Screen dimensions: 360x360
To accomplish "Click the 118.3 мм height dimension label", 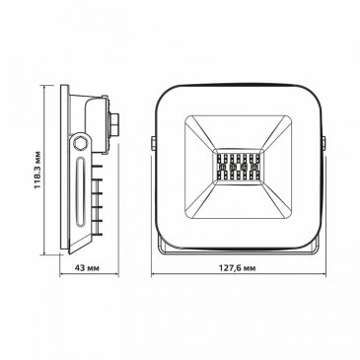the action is (x=38, y=170).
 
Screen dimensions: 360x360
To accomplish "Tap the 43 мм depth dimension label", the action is (x=87, y=268).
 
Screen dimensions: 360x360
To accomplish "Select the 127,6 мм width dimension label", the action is (x=238, y=268).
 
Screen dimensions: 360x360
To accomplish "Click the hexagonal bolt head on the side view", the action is (x=80, y=143).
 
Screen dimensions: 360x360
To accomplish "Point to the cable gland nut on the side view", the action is (x=113, y=126).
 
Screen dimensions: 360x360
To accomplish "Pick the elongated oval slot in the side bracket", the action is (x=80, y=191).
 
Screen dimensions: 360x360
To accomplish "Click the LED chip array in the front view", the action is (x=238, y=167).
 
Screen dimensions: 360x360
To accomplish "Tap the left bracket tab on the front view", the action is (x=153, y=143).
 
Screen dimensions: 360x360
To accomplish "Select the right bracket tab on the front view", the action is (x=324, y=143).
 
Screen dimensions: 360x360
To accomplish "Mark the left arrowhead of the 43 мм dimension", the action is (x=62, y=274).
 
